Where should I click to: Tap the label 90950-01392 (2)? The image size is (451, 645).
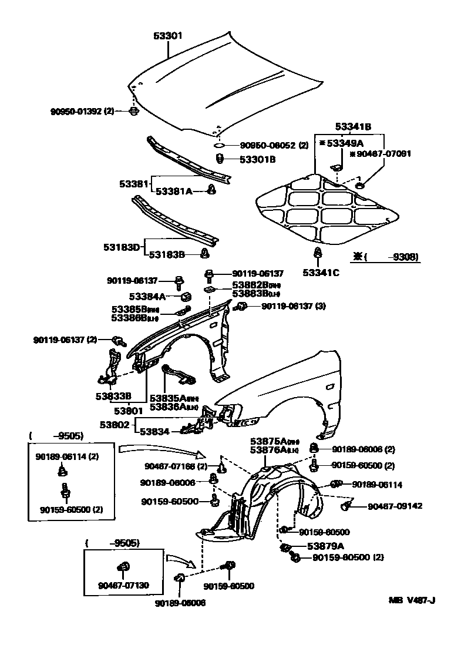coord(82,110)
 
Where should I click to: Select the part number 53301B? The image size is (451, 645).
coord(259,159)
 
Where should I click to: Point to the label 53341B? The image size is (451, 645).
coord(353,126)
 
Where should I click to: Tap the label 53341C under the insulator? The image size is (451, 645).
coord(321,272)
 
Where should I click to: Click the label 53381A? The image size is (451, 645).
coord(174,190)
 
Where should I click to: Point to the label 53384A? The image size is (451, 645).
coord(152,296)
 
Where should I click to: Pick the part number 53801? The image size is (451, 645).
coord(129,411)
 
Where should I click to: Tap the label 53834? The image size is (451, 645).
coord(155,432)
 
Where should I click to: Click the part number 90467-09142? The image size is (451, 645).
coord(395,506)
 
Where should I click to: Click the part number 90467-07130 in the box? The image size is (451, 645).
coord(124,585)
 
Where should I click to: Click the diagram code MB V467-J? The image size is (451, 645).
coord(411,600)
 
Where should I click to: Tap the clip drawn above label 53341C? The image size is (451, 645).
coord(318,254)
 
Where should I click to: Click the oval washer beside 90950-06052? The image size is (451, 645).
coord(218,145)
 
